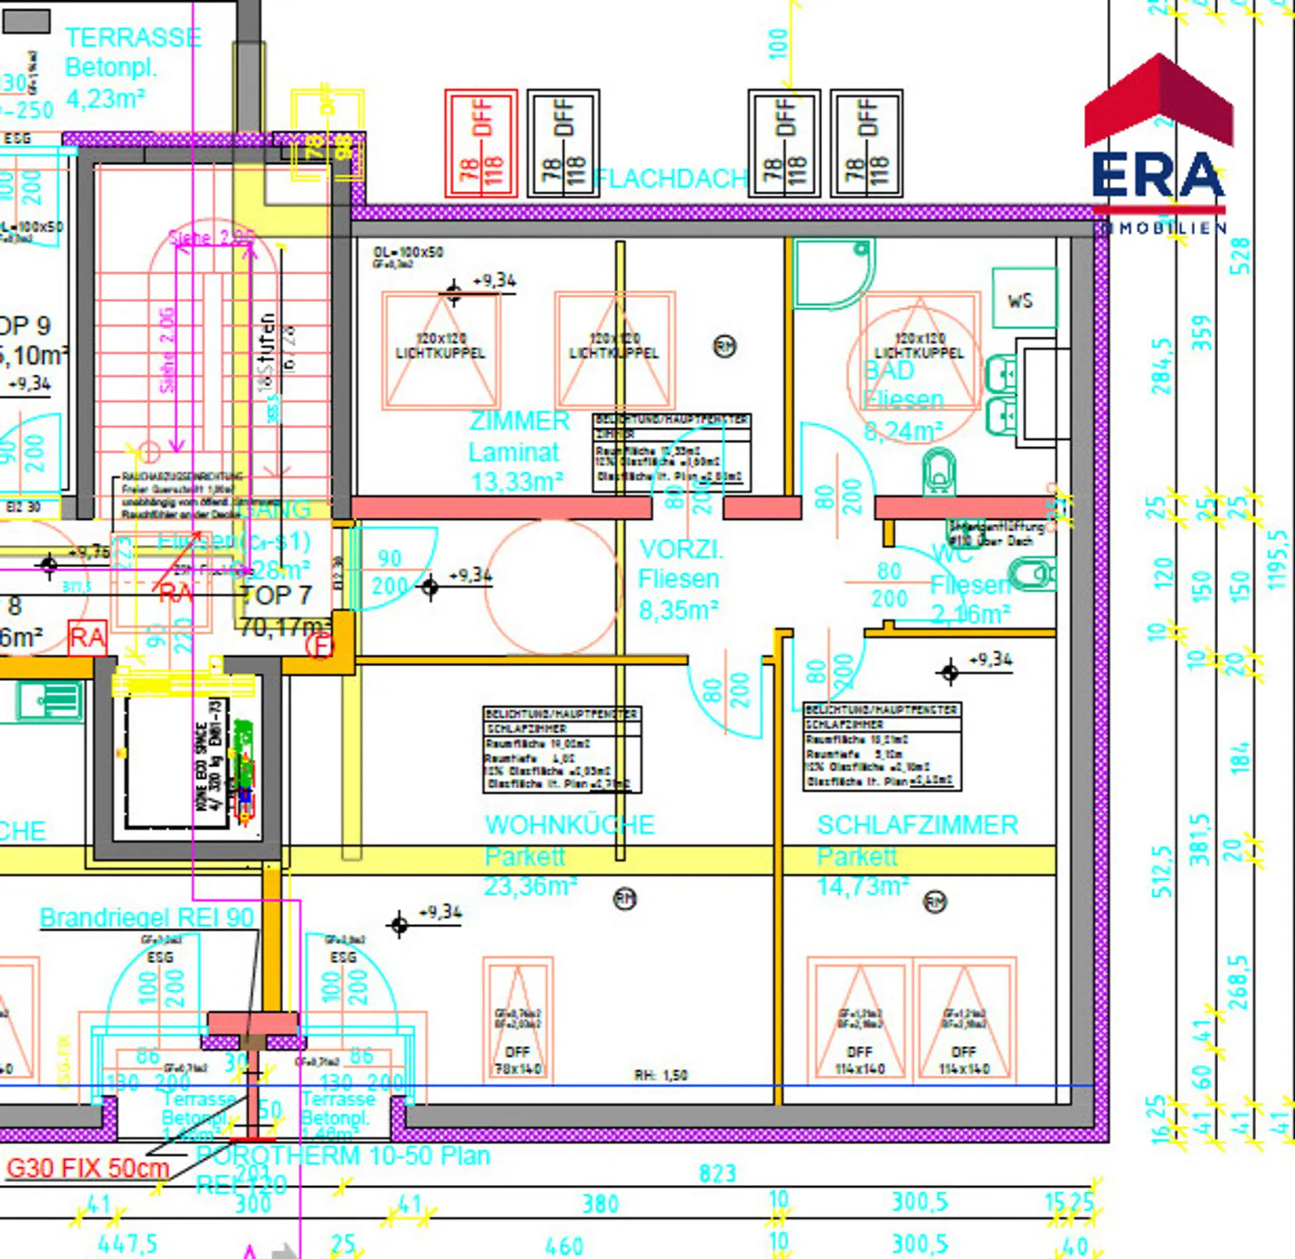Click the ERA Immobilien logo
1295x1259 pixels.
(x=1157, y=145)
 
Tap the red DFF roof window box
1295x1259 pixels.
(x=481, y=144)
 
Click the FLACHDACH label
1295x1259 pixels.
(x=671, y=179)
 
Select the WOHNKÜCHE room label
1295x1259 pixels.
(x=569, y=825)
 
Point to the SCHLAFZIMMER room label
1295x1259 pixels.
(x=917, y=825)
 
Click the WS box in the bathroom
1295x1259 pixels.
(x=1024, y=299)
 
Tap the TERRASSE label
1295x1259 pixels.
(x=133, y=38)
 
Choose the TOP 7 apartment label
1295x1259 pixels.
(x=276, y=595)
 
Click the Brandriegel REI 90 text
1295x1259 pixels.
(x=146, y=917)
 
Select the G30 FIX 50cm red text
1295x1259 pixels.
(x=88, y=1167)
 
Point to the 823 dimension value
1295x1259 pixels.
(x=717, y=1173)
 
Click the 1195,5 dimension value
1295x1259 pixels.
(x=1277, y=560)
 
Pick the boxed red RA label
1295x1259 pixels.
(x=88, y=637)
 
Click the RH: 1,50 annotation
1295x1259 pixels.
(x=660, y=1075)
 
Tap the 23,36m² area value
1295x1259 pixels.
(x=530, y=886)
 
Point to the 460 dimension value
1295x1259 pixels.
(x=563, y=1245)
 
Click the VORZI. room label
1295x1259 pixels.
(x=681, y=549)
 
